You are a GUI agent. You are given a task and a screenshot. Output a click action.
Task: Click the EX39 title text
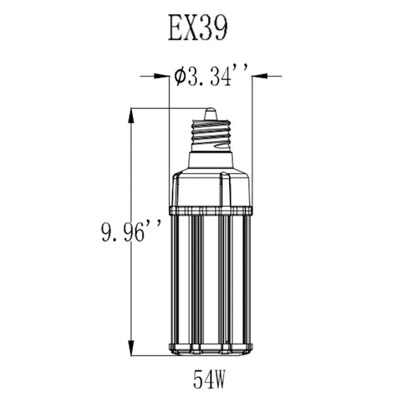(198, 27)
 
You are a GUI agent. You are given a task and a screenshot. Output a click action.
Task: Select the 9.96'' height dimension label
(131, 231)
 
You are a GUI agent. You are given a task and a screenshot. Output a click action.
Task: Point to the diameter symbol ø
(180, 76)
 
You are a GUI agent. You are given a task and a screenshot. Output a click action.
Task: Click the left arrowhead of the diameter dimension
(161, 76)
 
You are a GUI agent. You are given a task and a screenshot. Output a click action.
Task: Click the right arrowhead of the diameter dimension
(259, 76)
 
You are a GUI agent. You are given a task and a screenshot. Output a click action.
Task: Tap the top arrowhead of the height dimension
(132, 115)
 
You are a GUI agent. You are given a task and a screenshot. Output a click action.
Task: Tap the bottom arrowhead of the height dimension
(132, 347)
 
